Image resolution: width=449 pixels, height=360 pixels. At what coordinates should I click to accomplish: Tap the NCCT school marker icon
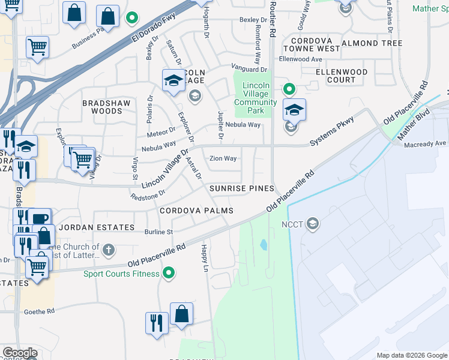click(312, 224)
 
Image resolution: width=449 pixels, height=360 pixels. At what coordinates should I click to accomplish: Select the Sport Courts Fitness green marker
click(169, 274)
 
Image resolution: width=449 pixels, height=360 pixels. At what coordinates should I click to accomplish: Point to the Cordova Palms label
click(196, 211)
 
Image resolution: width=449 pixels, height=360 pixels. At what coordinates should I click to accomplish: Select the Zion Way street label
click(223, 159)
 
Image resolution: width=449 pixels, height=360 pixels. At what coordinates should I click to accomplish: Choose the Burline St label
click(158, 232)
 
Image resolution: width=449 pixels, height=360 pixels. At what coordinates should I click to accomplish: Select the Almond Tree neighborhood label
click(372, 43)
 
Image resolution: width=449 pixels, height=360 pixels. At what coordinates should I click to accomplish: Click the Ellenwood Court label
click(342, 76)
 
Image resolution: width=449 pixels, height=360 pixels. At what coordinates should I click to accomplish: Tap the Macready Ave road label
click(426, 144)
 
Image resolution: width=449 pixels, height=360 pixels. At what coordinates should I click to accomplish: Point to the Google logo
click(20, 353)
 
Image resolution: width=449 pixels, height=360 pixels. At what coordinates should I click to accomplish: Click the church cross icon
click(109, 248)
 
